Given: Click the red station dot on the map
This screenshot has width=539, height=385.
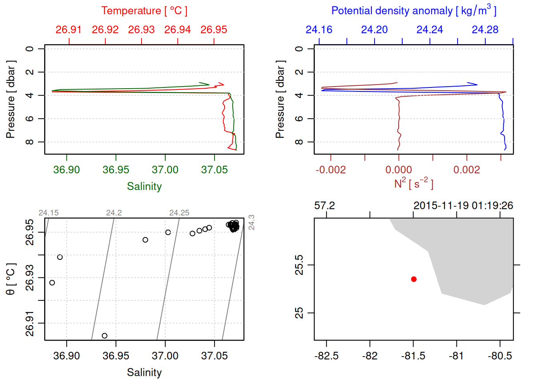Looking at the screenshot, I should click(414, 279).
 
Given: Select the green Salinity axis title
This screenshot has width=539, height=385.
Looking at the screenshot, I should click(144, 186).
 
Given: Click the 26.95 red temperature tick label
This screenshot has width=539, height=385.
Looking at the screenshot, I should click(214, 30).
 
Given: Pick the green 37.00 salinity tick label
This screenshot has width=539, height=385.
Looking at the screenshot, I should click(165, 170).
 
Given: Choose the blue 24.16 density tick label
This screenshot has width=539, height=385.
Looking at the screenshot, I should click(319, 30).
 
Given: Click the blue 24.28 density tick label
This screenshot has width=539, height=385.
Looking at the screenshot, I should click(485, 30).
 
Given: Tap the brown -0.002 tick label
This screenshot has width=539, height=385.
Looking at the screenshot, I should click(330, 170).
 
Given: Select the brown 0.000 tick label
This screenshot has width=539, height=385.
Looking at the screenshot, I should click(399, 170).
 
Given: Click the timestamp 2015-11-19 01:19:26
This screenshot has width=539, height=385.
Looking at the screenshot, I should click(463, 206).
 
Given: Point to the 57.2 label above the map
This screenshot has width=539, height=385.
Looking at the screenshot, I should click(324, 206).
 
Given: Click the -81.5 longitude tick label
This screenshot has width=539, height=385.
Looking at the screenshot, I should click(413, 356).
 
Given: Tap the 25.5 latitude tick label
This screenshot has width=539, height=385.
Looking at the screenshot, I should click(299, 265).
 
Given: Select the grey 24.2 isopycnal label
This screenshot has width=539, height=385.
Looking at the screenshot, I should click(114, 213).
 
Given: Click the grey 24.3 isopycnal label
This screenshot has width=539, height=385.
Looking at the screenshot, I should click(251, 222).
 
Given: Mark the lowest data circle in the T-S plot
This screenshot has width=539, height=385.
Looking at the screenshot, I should click(105, 336).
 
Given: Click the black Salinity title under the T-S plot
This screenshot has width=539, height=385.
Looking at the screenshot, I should click(144, 373).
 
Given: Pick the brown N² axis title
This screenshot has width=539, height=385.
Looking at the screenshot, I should click(413, 183).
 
